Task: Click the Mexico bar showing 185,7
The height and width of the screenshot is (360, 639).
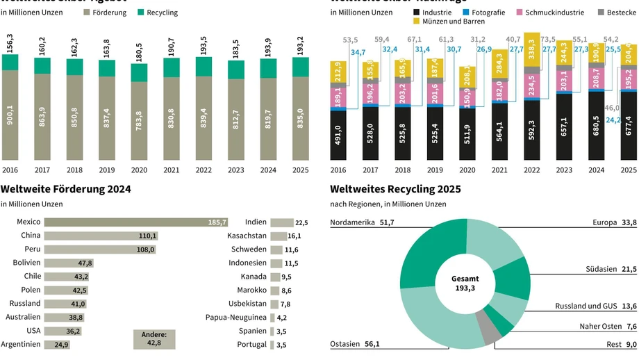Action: pyautogui.click(x=136, y=222)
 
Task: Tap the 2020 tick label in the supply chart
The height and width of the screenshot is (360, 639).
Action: pyautogui.click(x=138, y=170)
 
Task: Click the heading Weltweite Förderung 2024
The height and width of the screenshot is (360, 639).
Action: pyautogui.click(x=66, y=189)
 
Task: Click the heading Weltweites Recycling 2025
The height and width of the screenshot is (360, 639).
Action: pyautogui.click(x=395, y=189)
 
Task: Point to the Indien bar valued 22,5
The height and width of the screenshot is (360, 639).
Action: pyautogui.click(x=281, y=222)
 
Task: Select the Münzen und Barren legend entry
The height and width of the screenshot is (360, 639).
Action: pyautogui.click(x=449, y=22)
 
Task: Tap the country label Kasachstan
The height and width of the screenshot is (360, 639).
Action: pyautogui.click(x=247, y=236)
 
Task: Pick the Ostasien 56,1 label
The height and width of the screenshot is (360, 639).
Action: pyautogui.click(x=355, y=343)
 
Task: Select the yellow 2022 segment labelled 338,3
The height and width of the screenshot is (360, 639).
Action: pyautogui.click(x=532, y=50)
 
